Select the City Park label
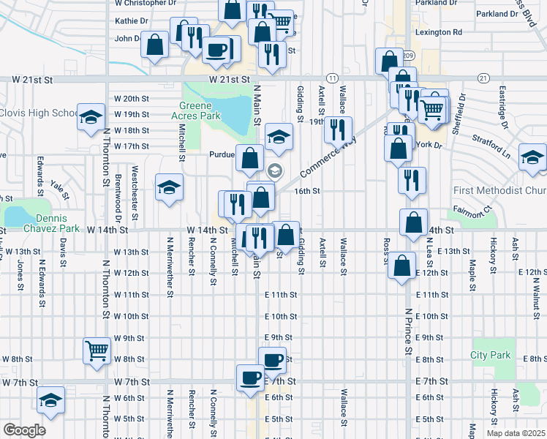(x=489, y=356)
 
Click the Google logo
(x=23, y=430)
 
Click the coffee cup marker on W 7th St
(x=249, y=378)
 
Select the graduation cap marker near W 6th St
(x=50, y=399)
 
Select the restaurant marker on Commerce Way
(x=338, y=130)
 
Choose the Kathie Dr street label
(x=132, y=21)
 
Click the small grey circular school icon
(x=275, y=171)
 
